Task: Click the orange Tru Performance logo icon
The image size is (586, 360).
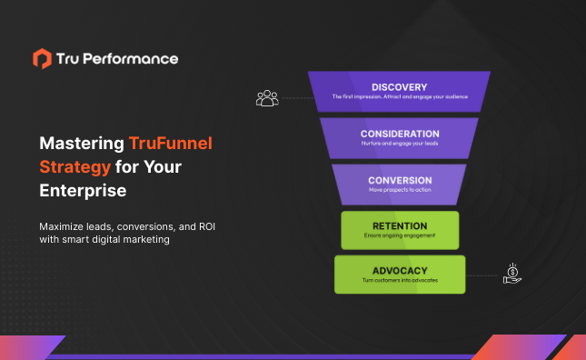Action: tap(42, 59)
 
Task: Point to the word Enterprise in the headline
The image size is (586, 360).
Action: tap(83, 191)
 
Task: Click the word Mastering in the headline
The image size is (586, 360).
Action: tap(80, 143)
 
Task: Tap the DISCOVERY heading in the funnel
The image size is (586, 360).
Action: tap(400, 87)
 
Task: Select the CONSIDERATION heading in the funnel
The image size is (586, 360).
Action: tap(400, 134)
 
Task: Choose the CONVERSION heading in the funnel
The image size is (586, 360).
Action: tap(400, 180)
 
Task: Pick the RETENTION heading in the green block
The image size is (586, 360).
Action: tap(400, 225)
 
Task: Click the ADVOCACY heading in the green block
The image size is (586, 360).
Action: tap(400, 270)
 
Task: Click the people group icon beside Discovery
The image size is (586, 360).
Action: tap(267, 97)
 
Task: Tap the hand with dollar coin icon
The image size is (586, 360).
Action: tap(512, 274)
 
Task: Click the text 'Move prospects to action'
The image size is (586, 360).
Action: tap(400, 191)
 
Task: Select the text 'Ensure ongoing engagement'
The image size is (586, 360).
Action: tap(400, 236)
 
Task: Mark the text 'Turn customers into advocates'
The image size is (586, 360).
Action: tap(400, 280)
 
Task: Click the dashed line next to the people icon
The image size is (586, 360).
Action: tap(294, 97)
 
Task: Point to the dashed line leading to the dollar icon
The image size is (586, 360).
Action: tap(482, 274)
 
